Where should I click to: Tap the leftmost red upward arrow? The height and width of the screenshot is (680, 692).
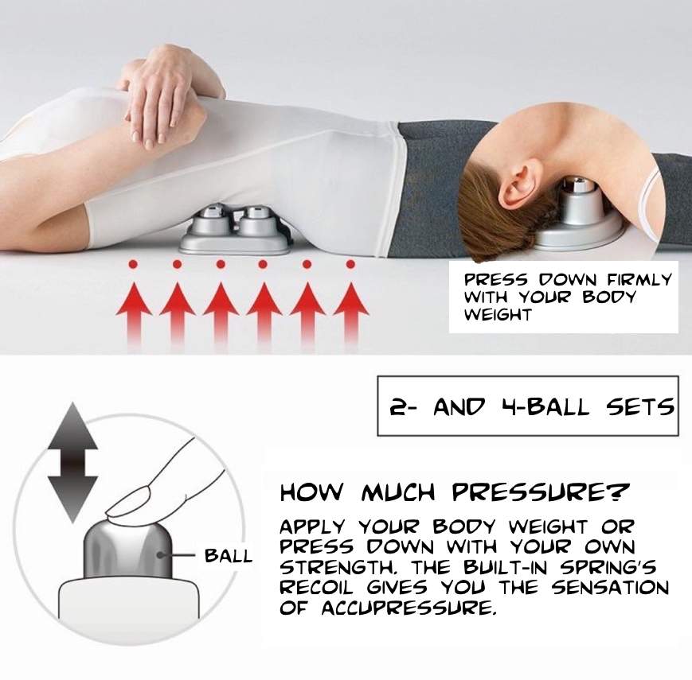pos(134,306)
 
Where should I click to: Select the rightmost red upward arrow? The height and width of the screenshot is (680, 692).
pos(350,306)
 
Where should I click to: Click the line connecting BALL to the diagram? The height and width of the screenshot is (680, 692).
pos(185,555)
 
